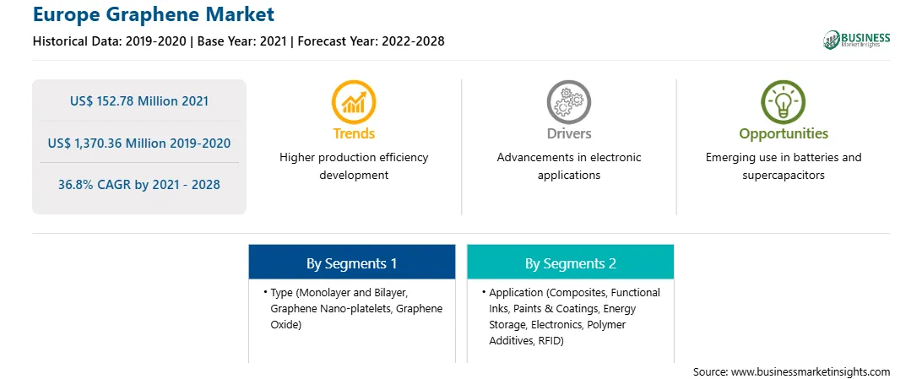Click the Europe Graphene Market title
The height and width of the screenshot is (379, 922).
pyautogui.click(x=154, y=14)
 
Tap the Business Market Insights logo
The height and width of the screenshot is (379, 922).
pyautogui.click(x=856, y=40)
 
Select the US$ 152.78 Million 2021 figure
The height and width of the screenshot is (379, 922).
pyautogui.click(x=139, y=101)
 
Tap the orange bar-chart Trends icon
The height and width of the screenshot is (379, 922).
pyautogui.click(x=354, y=101)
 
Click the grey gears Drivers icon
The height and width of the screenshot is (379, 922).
pyautogui.click(x=568, y=101)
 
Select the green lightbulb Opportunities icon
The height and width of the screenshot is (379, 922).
pyautogui.click(x=784, y=101)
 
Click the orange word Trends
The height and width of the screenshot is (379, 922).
pyautogui.click(x=354, y=133)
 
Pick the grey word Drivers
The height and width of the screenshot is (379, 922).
pyautogui.click(x=568, y=133)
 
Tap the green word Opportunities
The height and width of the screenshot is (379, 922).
pyautogui.click(x=784, y=134)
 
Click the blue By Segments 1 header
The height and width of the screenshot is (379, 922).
pyautogui.click(x=351, y=262)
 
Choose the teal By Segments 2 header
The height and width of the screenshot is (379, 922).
pyautogui.click(x=571, y=262)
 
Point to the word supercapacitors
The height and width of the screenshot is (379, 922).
pyautogui.click(x=784, y=175)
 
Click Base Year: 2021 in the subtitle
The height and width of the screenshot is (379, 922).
pyautogui.click(x=241, y=41)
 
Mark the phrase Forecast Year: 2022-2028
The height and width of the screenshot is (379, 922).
pyautogui.click(x=371, y=41)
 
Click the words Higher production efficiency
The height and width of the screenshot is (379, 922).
pyautogui.click(x=354, y=158)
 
